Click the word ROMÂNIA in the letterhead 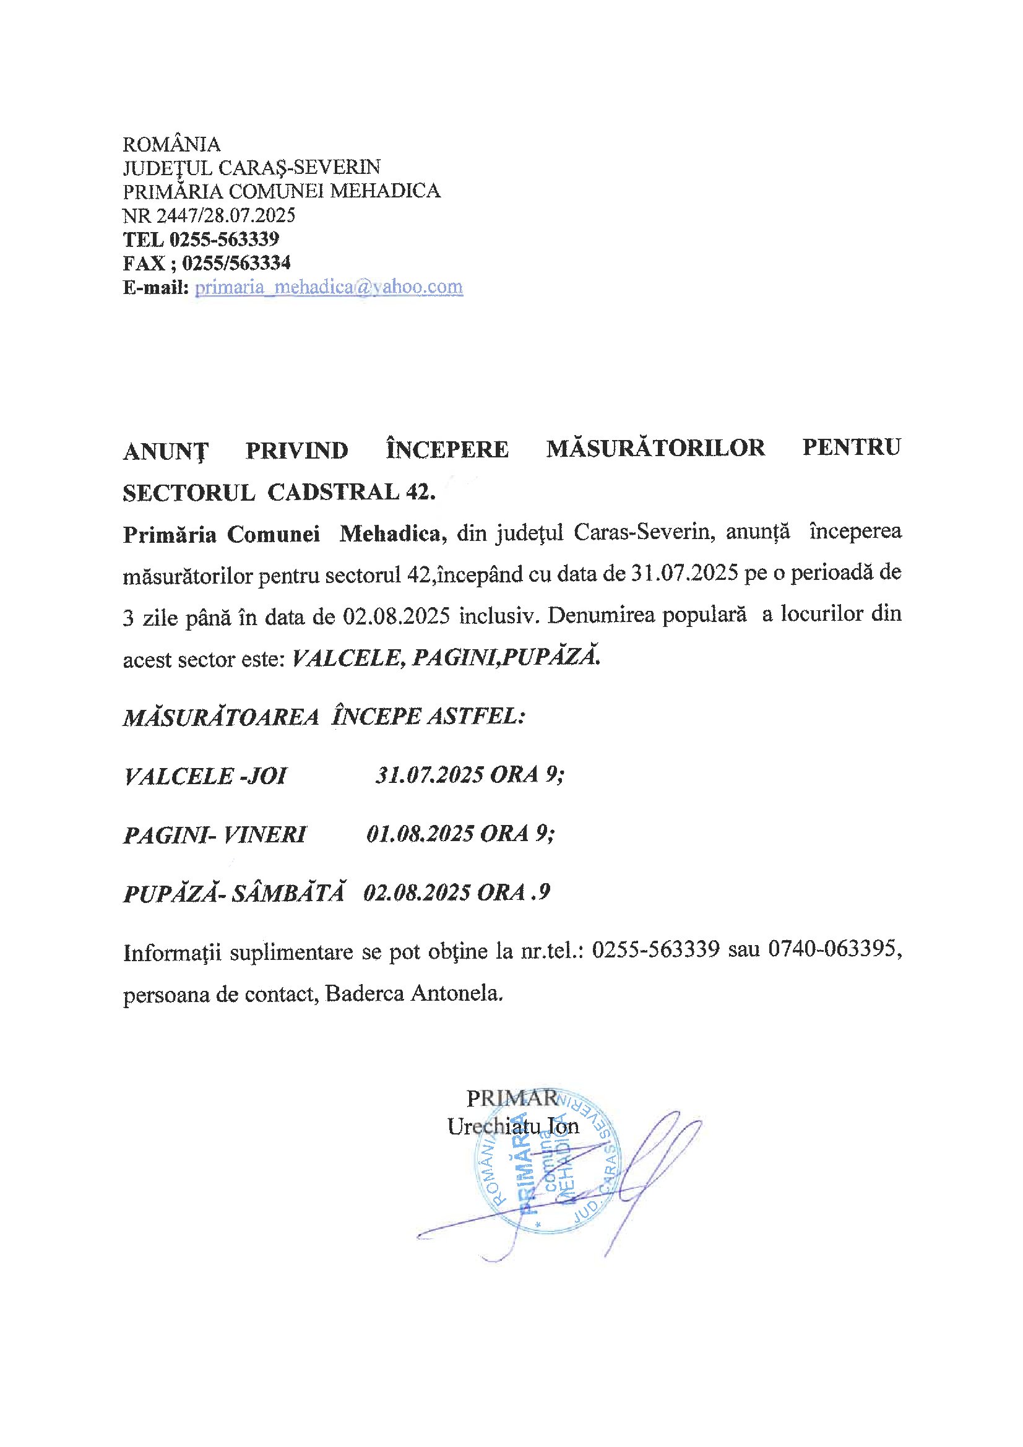point(171,144)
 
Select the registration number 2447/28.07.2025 point(226,215)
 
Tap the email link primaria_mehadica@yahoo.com point(329,287)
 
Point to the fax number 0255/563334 point(236,263)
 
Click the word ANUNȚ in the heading point(165,451)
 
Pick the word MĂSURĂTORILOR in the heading point(655,448)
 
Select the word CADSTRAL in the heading point(333,492)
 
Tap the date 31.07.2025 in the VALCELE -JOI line point(429,774)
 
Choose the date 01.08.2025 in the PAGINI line point(420,834)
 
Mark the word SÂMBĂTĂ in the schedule point(288,893)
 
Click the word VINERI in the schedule point(265,834)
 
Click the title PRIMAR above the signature point(512,1099)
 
